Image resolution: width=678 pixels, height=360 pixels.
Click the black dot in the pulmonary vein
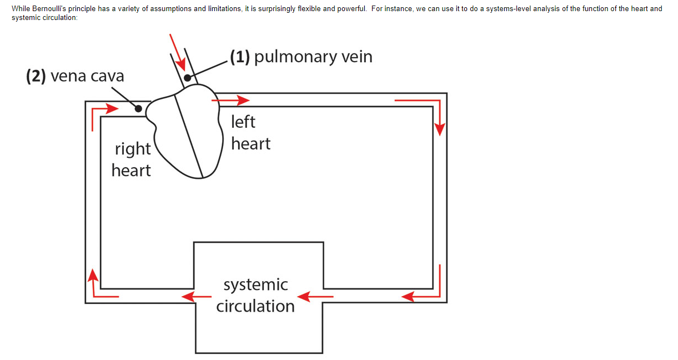188,78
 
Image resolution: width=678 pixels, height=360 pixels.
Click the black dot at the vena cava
138,108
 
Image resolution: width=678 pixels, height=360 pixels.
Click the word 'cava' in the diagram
107,76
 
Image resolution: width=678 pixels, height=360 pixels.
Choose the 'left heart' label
250,132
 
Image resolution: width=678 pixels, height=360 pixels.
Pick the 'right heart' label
131,159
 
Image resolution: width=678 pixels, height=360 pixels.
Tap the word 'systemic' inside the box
255,284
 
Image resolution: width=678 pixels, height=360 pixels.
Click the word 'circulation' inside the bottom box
255,306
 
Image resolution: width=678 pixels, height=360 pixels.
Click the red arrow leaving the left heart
230,100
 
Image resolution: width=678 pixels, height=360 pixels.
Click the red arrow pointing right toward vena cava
106,108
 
